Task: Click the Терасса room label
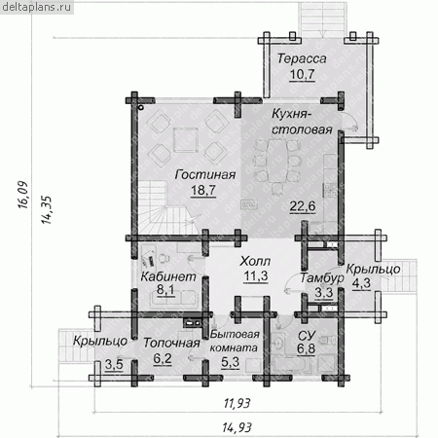coord(302,58)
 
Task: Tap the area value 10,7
coord(302,74)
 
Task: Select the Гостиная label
coord(205,174)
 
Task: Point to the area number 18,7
coord(203,190)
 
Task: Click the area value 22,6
coord(303,206)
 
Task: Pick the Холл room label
coord(255,261)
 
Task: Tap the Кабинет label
coord(168,276)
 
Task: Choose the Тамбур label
coord(321,278)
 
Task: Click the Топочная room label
coord(171,343)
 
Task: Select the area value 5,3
coord(230,362)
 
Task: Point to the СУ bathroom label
coord(306,336)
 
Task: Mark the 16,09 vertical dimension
coord(23,195)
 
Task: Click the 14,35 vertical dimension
coord(46,210)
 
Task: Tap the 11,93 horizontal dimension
coord(237,403)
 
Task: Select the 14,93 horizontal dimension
coord(237,427)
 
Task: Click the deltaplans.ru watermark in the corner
coord(36,7)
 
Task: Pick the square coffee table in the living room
coord(186,140)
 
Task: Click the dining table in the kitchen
coord(276,161)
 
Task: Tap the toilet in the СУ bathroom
coord(328,340)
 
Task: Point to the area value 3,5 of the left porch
coord(114,365)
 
